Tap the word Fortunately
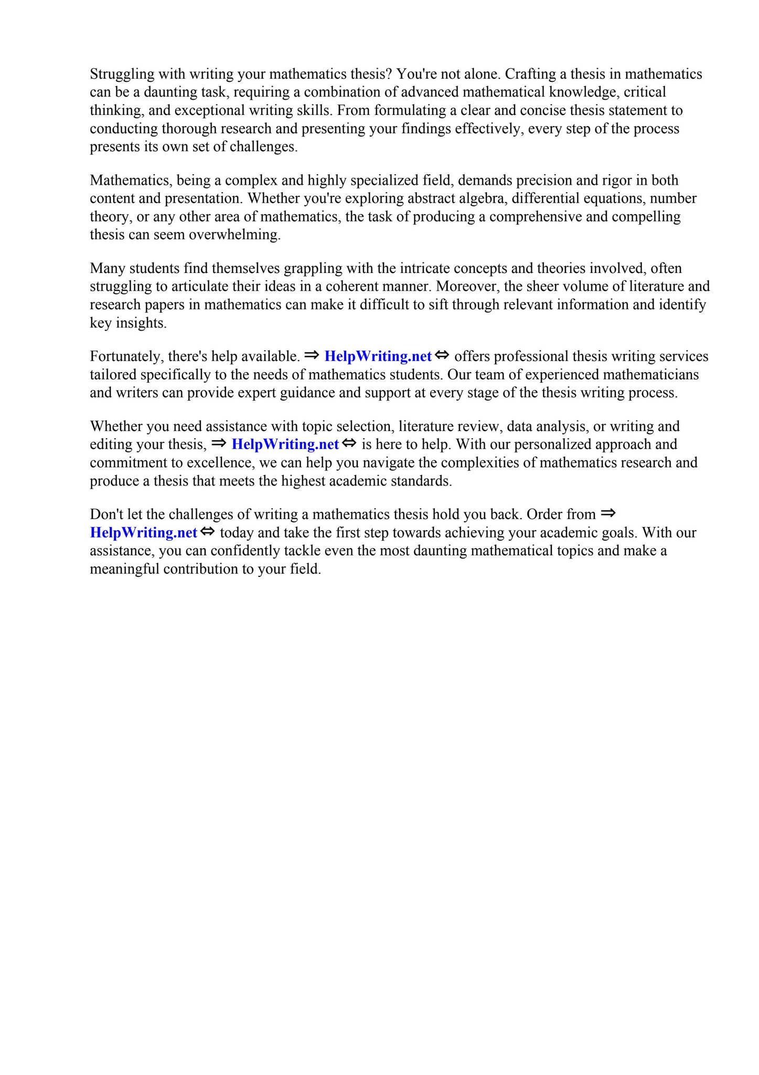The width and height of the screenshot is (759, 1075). pos(126,357)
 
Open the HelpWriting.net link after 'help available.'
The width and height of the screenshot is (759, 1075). pos(378,356)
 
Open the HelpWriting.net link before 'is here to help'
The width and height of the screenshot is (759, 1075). pos(285,445)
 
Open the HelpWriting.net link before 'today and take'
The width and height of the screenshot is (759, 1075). pos(143,533)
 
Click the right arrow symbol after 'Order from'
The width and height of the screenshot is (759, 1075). pos(608,513)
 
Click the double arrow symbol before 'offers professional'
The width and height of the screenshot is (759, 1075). pos(442,356)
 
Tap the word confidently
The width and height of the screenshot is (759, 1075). pos(225,551)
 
